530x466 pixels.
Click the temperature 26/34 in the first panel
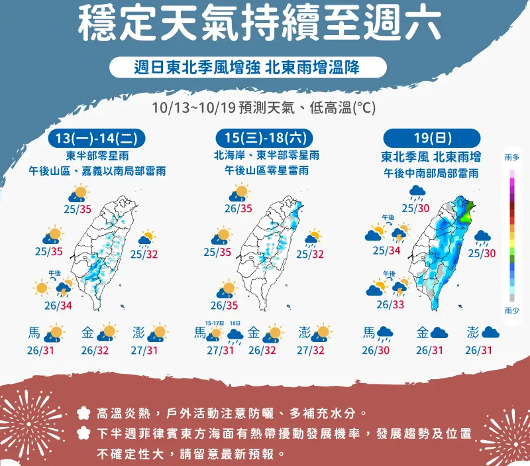tap(56, 305)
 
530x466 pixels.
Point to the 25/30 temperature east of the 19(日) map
tap(482, 253)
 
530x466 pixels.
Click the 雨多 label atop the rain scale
tap(511, 157)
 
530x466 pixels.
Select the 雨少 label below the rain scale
tap(511, 310)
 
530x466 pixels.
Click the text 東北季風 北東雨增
tap(431, 157)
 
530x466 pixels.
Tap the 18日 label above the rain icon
tap(235, 323)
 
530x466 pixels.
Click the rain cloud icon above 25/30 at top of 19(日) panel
tap(417, 192)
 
